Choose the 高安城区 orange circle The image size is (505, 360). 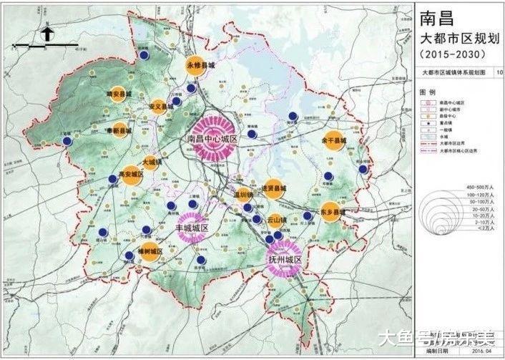[131, 175]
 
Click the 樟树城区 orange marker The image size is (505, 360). [149, 251]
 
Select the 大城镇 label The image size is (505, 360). [152, 162]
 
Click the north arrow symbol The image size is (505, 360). [45, 32]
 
